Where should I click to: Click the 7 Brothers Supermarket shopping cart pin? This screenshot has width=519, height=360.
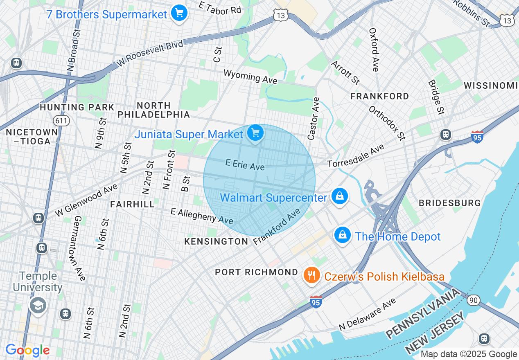(x=179, y=13)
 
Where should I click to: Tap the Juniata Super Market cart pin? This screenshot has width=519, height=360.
(x=255, y=133)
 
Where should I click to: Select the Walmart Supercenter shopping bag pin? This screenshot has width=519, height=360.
(x=340, y=196)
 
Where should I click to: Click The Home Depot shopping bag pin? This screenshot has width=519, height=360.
(x=343, y=235)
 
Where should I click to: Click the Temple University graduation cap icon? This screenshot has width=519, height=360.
(x=38, y=305)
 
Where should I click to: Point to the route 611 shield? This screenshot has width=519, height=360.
(x=61, y=120)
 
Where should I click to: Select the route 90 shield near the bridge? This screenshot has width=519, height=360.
(x=474, y=300)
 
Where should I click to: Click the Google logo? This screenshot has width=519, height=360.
(x=27, y=350)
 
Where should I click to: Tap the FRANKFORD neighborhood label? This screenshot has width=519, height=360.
(x=379, y=96)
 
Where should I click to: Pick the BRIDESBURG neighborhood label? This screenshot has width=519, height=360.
(x=449, y=203)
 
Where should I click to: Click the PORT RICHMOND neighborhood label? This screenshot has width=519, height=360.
(x=257, y=272)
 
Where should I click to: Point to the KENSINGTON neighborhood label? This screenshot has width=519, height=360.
(x=216, y=241)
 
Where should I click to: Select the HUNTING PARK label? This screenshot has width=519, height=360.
(x=77, y=107)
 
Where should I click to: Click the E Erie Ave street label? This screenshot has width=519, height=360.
(x=245, y=164)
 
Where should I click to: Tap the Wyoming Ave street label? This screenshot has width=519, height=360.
(x=250, y=76)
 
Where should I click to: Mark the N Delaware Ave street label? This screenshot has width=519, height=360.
(x=367, y=315)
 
